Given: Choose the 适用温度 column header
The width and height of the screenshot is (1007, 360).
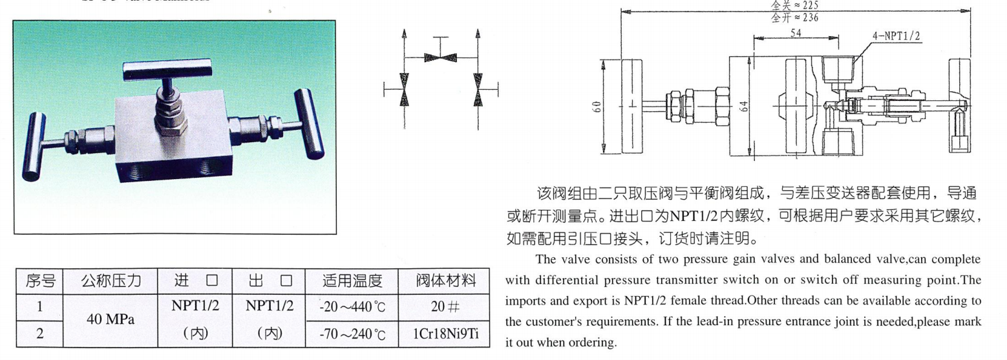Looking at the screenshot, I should (x=352, y=281).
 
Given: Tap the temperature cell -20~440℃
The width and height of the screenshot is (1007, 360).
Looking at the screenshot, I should (x=352, y=306).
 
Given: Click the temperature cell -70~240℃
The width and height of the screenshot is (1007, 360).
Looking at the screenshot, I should (x=352, y=334).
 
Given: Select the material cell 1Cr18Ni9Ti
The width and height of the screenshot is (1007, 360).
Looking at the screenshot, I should (x=446, y=334).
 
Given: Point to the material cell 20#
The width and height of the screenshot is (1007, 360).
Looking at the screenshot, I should (x=446, y=306).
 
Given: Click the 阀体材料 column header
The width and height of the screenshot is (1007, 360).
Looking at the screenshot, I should (x=446, y=281).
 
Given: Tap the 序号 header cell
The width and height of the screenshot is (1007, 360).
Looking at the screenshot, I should (x=40, y=281).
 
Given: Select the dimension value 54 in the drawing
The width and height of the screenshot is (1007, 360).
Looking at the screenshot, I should (x=796, y=32).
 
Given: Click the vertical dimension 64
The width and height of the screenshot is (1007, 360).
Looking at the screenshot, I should (x=745, y=107).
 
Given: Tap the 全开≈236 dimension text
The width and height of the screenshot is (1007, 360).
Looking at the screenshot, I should (x=794, y=17).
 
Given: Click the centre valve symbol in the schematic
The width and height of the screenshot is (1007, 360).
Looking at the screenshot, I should (x=441, y=58).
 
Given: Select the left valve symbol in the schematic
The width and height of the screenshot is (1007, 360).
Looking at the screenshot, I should (x=405, y=89).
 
